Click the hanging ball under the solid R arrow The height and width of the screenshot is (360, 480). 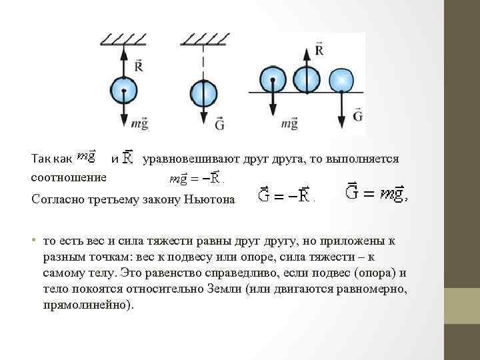123,89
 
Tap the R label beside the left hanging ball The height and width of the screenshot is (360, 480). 139,65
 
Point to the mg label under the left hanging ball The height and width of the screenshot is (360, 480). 139,123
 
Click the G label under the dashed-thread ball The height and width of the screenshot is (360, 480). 219,123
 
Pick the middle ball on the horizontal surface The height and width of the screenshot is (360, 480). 307,79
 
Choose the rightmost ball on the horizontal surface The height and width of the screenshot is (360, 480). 342,79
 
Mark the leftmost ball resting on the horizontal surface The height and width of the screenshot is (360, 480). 272,79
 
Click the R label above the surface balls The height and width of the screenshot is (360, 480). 319,50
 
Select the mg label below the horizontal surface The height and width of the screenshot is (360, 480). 289,123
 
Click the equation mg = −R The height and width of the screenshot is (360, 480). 195,178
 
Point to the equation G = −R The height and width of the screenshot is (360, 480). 285,196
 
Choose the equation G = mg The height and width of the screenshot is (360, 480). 375,193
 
